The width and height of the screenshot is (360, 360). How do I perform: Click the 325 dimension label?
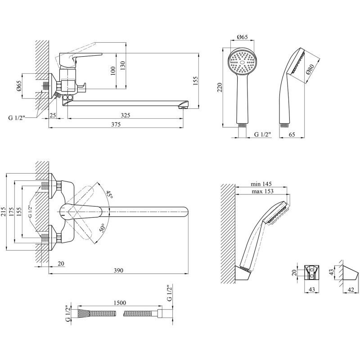126,115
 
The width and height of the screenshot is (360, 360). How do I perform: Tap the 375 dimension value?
116,124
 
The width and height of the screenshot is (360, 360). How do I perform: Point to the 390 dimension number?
118,270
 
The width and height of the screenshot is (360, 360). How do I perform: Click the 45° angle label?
109,195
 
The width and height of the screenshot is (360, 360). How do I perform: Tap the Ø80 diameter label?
310,69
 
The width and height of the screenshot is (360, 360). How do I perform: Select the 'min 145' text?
261,184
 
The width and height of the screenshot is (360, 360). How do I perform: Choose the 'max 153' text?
262,191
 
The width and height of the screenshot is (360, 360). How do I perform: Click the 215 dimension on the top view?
4,211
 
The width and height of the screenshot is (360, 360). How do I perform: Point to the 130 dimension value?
123,66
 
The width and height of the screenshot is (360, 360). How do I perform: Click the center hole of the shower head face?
242,62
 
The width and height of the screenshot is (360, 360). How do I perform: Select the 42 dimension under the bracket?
351,290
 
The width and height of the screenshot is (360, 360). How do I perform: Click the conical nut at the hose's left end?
83,313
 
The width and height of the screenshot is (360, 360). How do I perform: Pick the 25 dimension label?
53,115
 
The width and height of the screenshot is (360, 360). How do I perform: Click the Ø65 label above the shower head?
243,37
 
